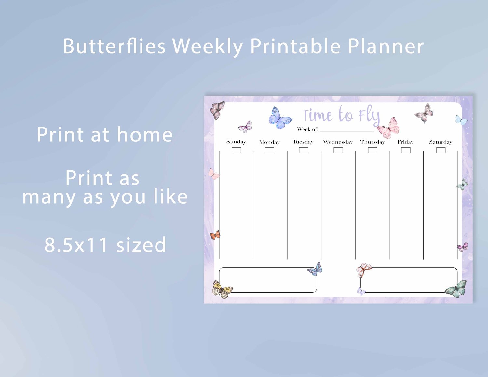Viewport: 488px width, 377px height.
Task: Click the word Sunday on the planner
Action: click(x=236, y=142)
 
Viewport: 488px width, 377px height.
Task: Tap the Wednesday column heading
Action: click(x=338, y=142)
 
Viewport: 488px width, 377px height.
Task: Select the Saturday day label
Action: click(x=441, y=142)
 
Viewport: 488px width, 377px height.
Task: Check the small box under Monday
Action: click(x=269, y=150)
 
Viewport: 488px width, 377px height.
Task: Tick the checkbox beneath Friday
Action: click(x=406, y=150)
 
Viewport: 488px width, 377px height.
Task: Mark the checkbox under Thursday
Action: click(x=373, y=150)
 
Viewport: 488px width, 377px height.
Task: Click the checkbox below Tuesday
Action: click(x=304, y=150)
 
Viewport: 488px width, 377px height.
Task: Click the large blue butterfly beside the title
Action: click(x=280, y=118)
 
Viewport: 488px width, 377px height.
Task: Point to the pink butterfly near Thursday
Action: click(x=388, y=128)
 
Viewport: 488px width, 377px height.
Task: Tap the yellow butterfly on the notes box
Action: click(x=222, y=289)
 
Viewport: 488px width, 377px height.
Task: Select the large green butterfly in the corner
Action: click(x=456, y=289)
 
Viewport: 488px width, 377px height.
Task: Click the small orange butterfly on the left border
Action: click(x=215, y=235)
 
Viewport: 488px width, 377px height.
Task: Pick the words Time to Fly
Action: click(x=341, y=115)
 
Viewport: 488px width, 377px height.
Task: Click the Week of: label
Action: click(x=308, y=129)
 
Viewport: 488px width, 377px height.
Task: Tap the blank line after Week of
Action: click(x=347, y=131)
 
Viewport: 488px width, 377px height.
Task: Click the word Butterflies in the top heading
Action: click(x=114, y=46)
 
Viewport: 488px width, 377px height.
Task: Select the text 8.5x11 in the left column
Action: click(x=76, y=245)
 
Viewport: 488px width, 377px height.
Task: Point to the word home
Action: click(x=145, y=134)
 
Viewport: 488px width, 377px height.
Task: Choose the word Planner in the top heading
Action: click(x=386, y=46)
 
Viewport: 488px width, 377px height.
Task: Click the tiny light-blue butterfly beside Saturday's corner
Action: click(x=461, y=120)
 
